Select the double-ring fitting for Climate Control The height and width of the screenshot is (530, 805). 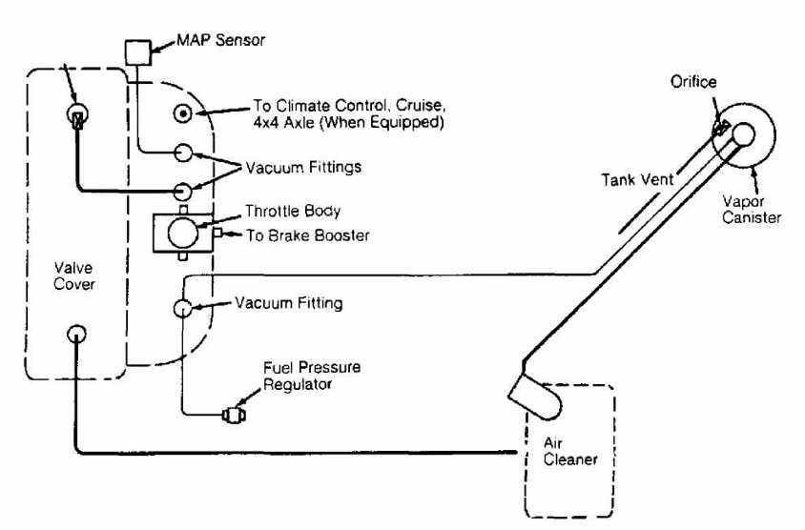[x=181, y=114]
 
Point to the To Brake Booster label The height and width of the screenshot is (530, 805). [x=282, y=234]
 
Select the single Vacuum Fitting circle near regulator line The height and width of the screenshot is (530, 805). [x=182, y=308]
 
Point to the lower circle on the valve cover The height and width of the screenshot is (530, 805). [x=75, y=335]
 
